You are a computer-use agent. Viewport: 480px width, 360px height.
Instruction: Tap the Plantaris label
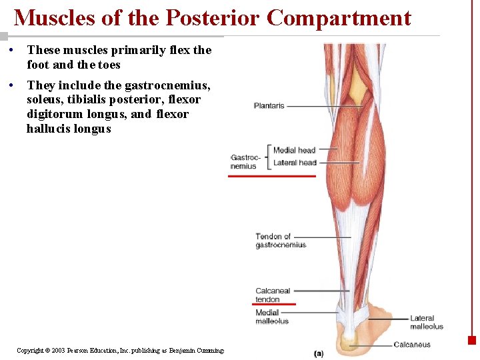pyautogui.click(x=269, y=105)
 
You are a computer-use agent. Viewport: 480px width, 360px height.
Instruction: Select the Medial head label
pyautogui.click(x=294, y=150)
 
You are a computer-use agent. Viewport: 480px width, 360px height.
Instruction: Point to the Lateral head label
pyautogui.click(x=295, y=163)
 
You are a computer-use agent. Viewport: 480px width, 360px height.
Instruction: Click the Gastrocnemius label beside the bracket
pyautogui.click(x=244, y=162)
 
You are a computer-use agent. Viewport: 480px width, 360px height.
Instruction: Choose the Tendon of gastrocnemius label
pyautogui.click(x=280, y=241)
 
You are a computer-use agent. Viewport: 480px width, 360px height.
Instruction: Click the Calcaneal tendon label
pyautogui.click(x=272, y=295)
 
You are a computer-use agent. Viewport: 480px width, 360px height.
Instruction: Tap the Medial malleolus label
pyautogui.click(x=271, y=317)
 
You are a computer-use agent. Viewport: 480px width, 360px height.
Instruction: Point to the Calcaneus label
pyautogui.click(x=411, y=345)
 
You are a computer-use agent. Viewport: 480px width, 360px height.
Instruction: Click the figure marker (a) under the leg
pyautogui.click(x=319, y=353)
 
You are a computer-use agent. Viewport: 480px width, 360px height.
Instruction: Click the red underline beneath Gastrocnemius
pyautogui.click(x=271, y=176)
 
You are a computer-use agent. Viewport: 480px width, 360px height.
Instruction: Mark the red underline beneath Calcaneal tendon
pyautogui.click(x=275, y=304)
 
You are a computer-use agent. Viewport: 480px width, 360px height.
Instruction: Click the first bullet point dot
pyautogui.click(x=12, y=50)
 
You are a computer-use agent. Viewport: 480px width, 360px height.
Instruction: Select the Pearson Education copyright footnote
pyautogui.click(x=120, y=350)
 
